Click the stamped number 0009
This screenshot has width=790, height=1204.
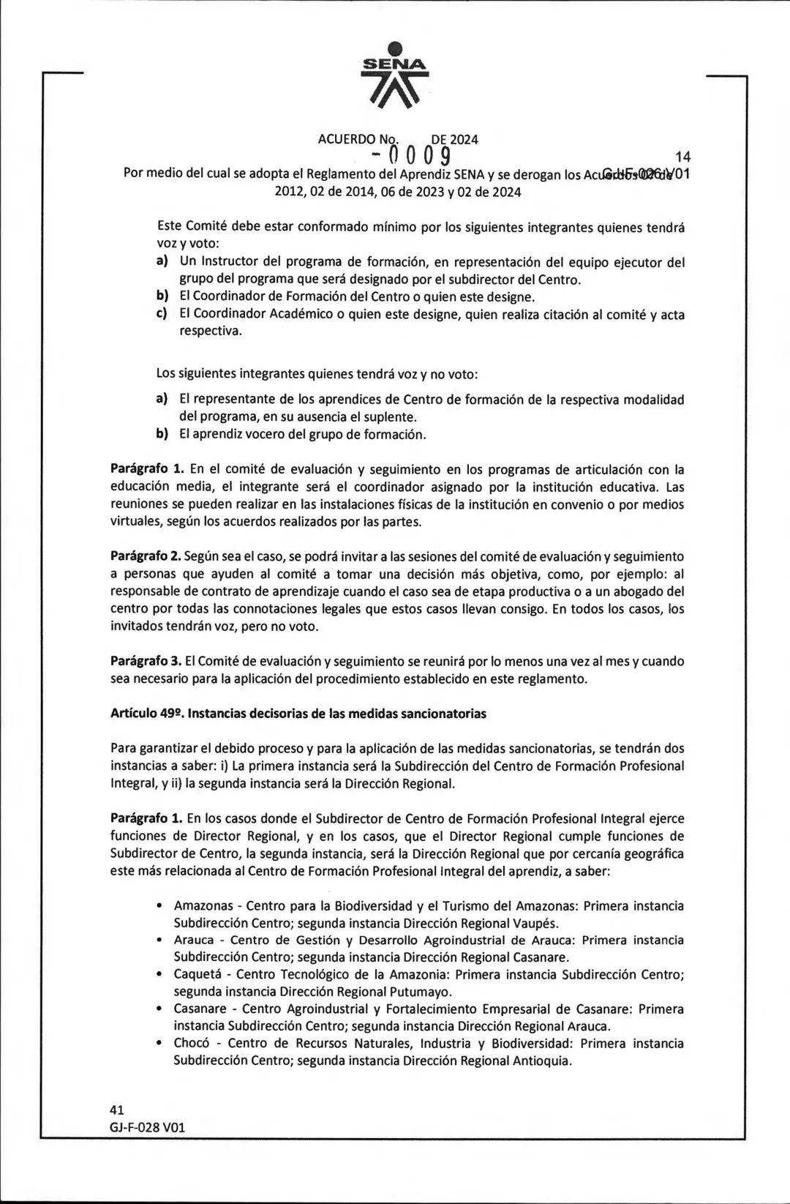(411, 155)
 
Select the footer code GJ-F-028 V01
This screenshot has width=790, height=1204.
(147, 1127)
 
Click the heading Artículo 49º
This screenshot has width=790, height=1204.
(146, 713)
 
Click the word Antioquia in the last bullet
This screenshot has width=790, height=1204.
(541, 1061)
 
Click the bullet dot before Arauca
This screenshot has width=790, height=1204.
(160, 940)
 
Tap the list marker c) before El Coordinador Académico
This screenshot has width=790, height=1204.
(162, 314)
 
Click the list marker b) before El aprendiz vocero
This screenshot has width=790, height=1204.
(162, 434)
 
